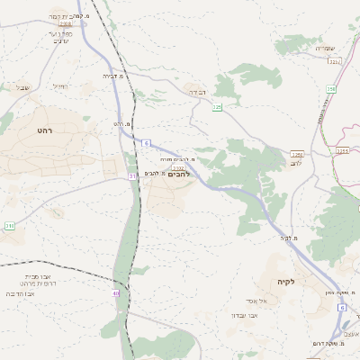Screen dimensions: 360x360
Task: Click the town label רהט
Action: click(46, 131)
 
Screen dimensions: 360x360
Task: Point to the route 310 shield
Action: click(10, 225)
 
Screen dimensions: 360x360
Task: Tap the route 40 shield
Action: click(116, 293)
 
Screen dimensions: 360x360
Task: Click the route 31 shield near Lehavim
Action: click(132, 176)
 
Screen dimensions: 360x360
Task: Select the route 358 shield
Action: click(330, 88)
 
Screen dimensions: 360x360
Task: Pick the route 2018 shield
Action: click(54, 25)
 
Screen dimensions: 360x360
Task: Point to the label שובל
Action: click(22, 87)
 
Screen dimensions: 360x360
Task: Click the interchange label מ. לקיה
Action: click(288, 238)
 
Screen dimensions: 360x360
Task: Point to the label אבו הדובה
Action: click(21, 293)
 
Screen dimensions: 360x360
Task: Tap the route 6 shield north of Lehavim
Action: click(146, 143)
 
